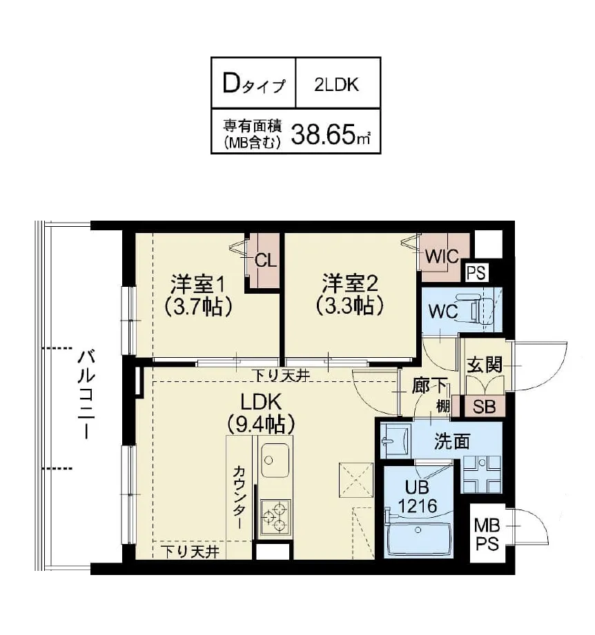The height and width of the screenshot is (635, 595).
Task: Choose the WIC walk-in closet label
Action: [442, 256]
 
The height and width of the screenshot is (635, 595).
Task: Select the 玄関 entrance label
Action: [484, 365]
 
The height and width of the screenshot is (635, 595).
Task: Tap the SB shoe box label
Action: [485, 406]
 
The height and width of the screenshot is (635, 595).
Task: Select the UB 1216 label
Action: [418, 496]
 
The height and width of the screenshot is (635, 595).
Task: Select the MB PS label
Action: [487, 536]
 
